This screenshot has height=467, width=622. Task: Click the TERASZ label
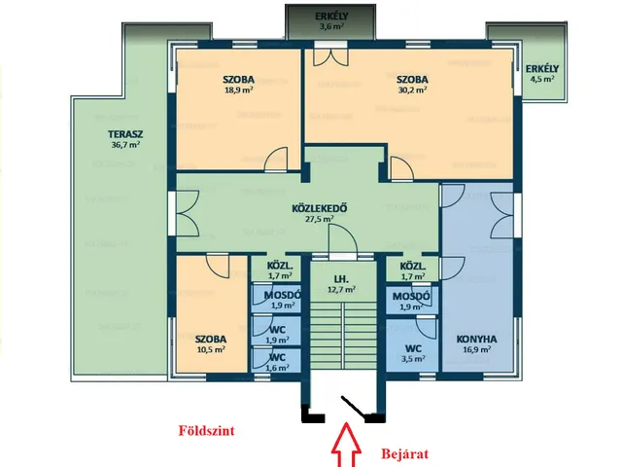click(x=125, y=134)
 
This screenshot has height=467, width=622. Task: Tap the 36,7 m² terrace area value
click(x=125, y=145)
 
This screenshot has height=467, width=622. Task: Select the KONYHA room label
click(x=476, y=340)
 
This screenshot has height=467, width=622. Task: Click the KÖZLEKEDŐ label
click(x=320, y=208)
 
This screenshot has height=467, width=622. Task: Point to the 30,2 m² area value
click(x=412, y=90)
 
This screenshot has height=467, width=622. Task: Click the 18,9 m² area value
click(x=239, y=90)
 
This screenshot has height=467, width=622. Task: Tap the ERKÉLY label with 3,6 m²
click(x=331, y=17)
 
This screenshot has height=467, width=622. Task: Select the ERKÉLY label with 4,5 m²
click(x=542, y=69)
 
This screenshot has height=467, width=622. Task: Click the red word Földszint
click(x=206, y=430)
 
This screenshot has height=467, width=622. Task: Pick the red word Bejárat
click(x=405, y=453)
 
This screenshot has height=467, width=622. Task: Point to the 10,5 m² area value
click(x=211, y=350)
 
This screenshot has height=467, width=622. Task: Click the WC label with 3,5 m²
click(x=413, y=348)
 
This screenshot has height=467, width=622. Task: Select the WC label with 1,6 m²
click(x=277, y=357)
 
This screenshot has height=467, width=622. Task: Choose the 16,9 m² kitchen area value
click(x=476, y=350)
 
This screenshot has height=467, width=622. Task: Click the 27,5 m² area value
click(x=319, y=219)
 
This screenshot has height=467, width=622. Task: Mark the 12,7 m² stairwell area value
click(x=342, y=290)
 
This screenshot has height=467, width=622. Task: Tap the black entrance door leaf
click(x=354, y=407)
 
